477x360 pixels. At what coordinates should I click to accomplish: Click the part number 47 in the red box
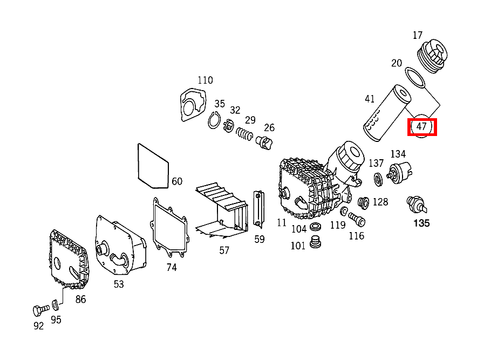422,127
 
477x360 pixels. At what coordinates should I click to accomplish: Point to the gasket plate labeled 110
193,105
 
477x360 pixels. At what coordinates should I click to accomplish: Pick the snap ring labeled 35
214,121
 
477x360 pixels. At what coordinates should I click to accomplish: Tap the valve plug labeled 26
266,142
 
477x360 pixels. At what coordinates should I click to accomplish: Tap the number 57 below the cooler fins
224,250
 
